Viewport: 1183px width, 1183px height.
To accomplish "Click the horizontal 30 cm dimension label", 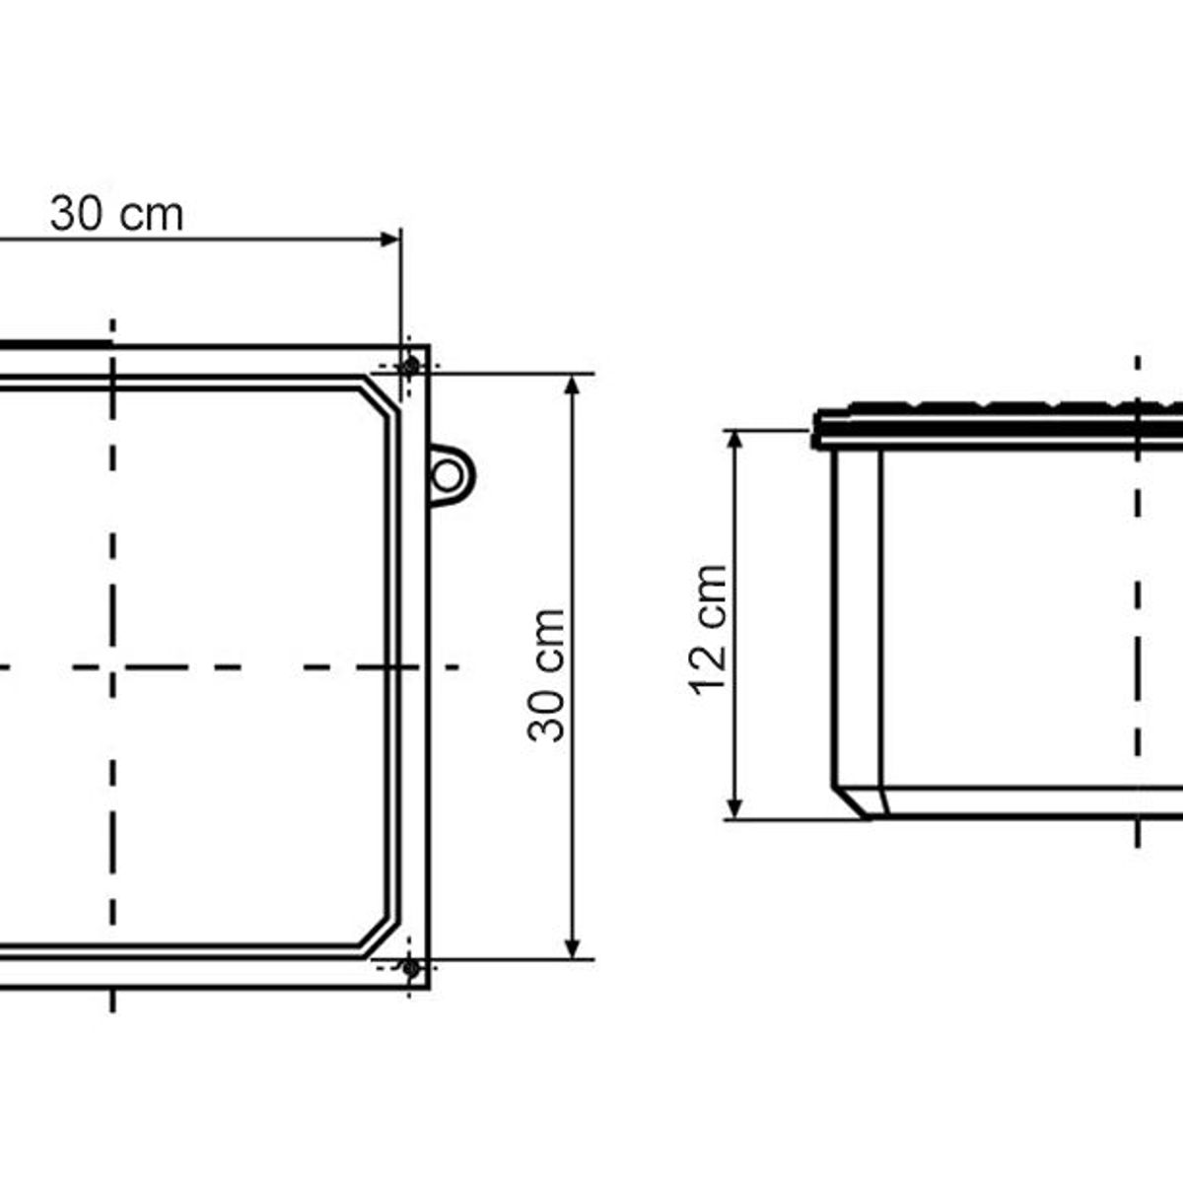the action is click(116, 214).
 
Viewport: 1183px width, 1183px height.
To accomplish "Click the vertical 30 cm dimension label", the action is click(546, 675).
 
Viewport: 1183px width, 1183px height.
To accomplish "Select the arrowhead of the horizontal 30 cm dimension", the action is click(390, 239).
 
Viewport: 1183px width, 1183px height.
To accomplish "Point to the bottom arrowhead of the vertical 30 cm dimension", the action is click(572, 948).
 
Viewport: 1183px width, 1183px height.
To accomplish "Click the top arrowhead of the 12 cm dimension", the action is click(735, 442).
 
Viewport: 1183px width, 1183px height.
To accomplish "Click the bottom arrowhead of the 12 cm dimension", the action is click(735, 808).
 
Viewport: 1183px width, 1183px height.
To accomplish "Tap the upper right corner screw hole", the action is click(409, 367).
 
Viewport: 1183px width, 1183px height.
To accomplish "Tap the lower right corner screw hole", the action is click(409, 969).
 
